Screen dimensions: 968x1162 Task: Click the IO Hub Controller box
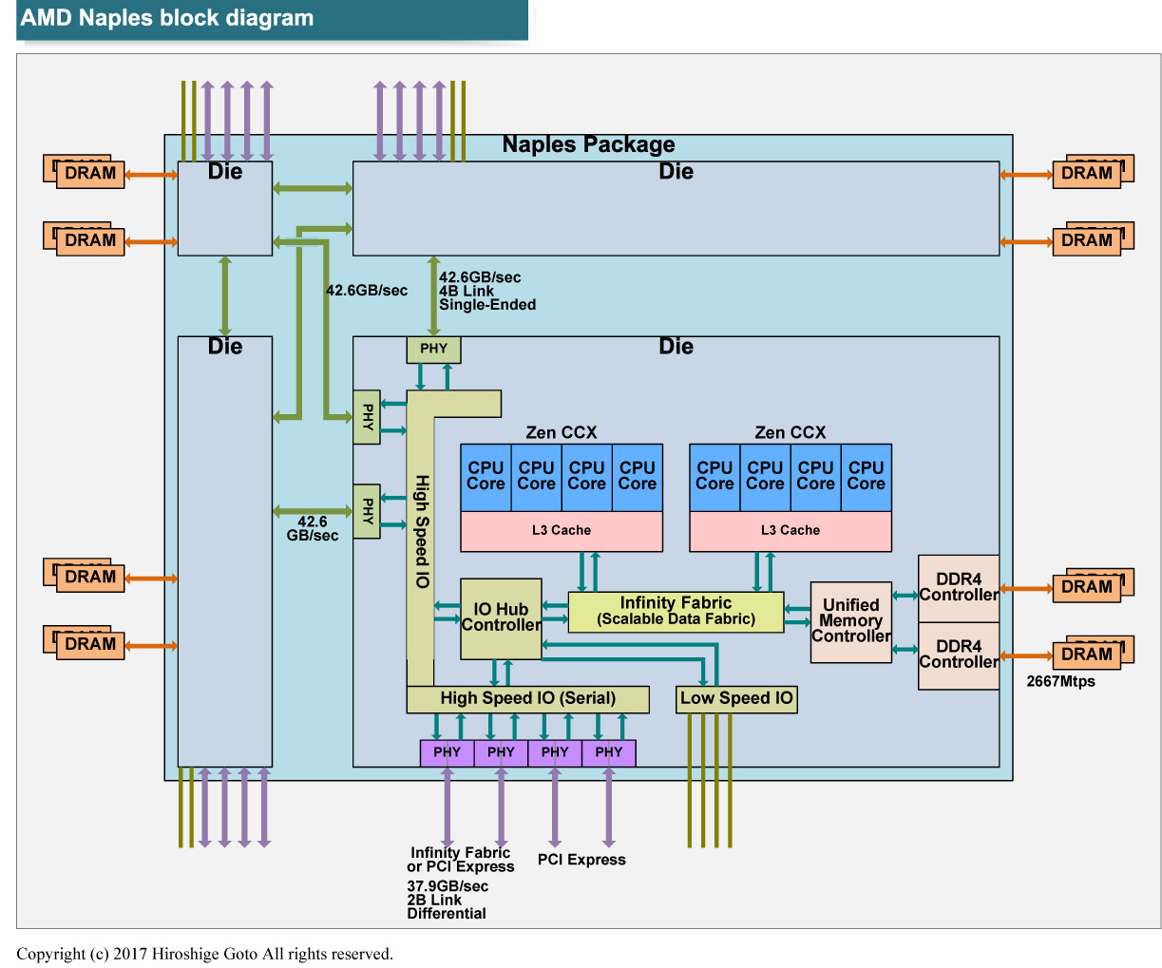pos(501,618)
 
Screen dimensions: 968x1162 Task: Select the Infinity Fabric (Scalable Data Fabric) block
pos(676,612)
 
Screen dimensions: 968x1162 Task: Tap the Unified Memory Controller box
pos(850,621)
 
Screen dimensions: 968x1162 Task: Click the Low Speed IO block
pos(736,699)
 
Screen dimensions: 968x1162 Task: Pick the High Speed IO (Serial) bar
pos(527,699)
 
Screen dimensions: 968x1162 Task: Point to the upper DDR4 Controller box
pos(958,588)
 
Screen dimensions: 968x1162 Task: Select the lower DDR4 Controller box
pos(958,655)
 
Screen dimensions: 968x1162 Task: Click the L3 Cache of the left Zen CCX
pos(561,531)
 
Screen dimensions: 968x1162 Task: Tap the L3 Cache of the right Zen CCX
pos(790,531)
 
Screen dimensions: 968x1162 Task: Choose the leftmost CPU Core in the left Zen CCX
pos(486,477)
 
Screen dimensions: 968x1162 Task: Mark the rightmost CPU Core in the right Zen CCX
pos(866,477)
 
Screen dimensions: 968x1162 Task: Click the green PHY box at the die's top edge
pos(433,350)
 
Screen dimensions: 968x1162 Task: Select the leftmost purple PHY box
pos(447,752)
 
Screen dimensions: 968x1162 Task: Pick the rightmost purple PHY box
pos(609,752)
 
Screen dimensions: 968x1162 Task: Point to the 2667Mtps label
pos(1060,682)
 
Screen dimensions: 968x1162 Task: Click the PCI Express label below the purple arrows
pos(581,860)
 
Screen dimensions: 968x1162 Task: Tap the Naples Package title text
pos(588,145)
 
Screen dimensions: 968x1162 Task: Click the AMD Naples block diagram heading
pos(167,19)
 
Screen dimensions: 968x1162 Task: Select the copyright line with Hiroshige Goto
pos(204,954)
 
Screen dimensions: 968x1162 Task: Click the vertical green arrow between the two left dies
pos(225,295)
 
